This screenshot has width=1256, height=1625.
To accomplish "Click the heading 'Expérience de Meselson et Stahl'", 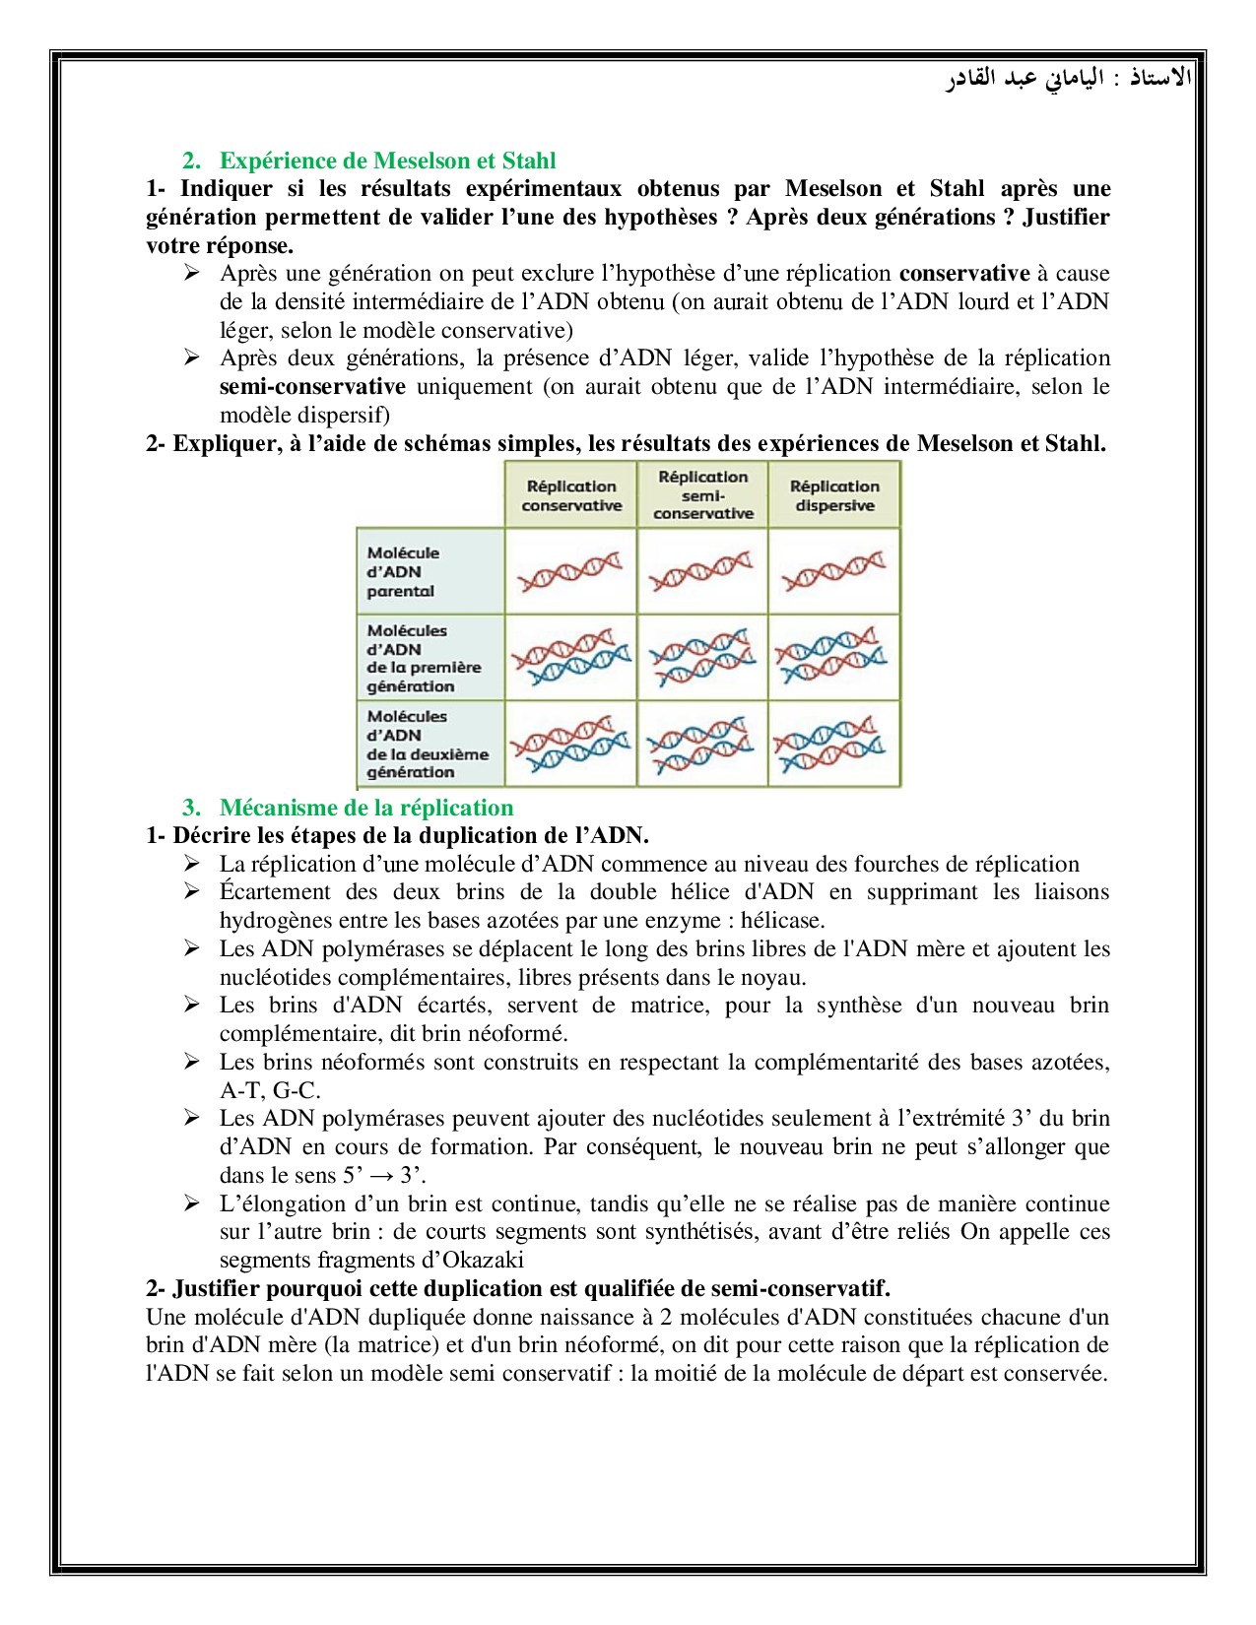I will pyautogui.click(x=387, y=161).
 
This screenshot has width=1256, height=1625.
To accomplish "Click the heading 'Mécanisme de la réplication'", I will pyautogui.click(x=366, y=808).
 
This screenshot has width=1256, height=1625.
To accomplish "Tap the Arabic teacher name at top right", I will pyautogui.click(x=1069, y=78).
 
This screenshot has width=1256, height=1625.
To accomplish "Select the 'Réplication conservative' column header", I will pyautogui.click(x=571, y=495).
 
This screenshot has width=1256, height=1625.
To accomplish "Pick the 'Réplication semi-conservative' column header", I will pyautogui.click(x=702, y=494).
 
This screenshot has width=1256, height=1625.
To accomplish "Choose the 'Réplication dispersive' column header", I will pyautogui.click(x=834, y=495).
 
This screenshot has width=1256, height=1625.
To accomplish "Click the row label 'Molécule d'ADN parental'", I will pyautogui.click(x=402, y=571).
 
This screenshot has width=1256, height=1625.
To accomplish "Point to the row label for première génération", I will pyautogui.click(x=424, y=658).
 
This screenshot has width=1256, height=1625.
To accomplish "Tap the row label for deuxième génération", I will pyautogui.click(x=427, y=744).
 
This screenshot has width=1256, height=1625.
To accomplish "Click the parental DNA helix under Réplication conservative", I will pyautogui.click(x=570, y=571).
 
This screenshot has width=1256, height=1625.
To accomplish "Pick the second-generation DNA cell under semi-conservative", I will pyautogui.click(x=702, y=744).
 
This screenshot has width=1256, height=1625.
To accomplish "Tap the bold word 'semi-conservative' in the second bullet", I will pyautogui.click(x=312, y=387).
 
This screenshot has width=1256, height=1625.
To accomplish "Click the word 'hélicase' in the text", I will pyautogui.click(x=782, y=921).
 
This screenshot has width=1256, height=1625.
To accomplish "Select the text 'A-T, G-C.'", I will pyautogui.click(x=270, y=1090).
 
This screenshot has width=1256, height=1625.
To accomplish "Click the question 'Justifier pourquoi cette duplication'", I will pyautogui.click(x=517, y=1288).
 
